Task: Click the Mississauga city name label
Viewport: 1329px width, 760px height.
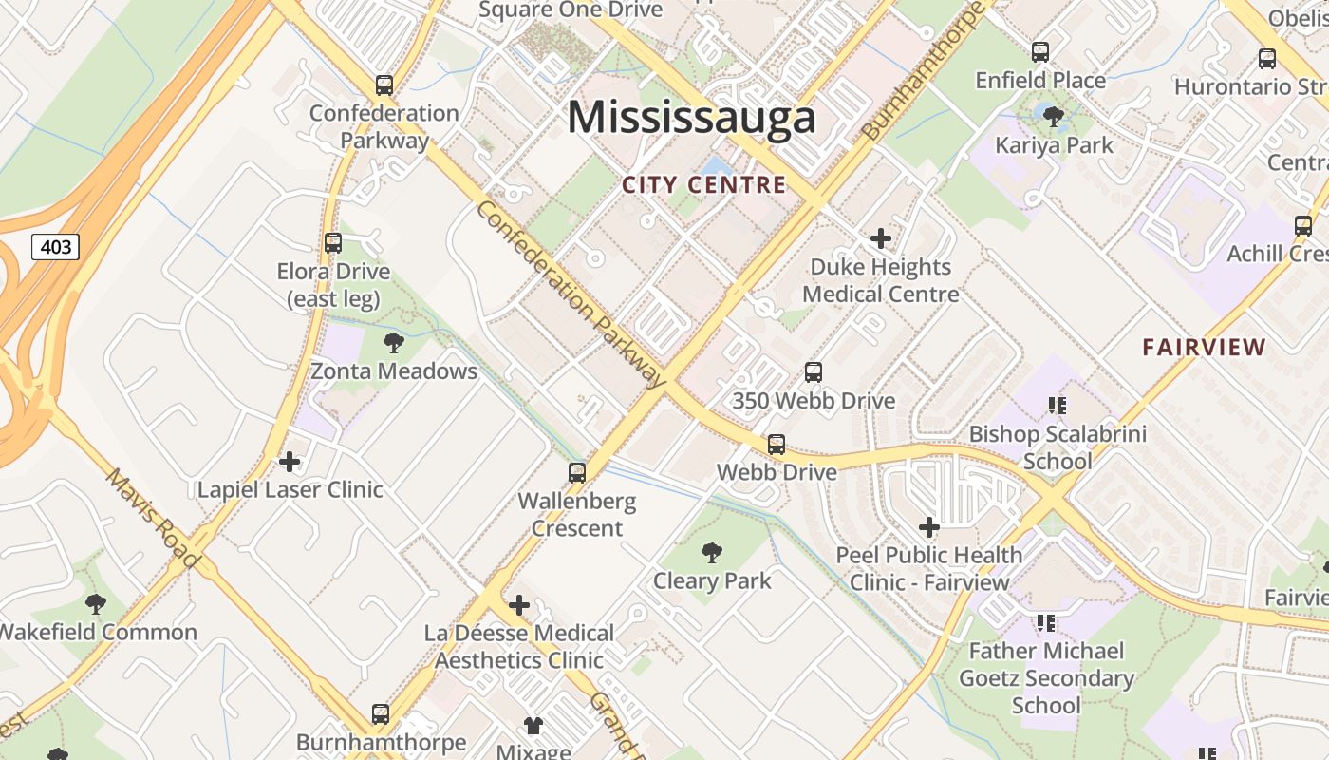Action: pyautogui.click(x=691, y=118)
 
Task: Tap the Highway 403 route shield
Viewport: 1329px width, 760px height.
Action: pyautogui.click(x=56, y=248)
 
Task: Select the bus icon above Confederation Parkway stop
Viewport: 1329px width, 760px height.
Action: pyautogui.click(x=384, y=85)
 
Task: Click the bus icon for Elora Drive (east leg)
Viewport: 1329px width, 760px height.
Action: pyautogui.click(x=333, y=243)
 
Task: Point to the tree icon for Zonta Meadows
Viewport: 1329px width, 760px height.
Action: pyautogui.click(x=393, y=343)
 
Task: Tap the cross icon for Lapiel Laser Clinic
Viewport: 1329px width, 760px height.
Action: pyautogui.click(x=290, y=463)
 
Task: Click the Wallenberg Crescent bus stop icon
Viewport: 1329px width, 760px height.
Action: pyautogui.click(x=576, y=473)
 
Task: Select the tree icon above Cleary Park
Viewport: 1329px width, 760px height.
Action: pyautogui.click(x=711, y=553)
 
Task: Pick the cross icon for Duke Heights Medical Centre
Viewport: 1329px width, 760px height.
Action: pyautogui.click(x=881, y=238)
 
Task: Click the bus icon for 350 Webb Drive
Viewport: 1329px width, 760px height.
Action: pyautogui.click(x=814, y=372)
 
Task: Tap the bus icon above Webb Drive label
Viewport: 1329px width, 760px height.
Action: pyautogui.click(x=777, y=445)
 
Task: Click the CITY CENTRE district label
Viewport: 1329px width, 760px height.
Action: pyautogui.click(x=704, y=185)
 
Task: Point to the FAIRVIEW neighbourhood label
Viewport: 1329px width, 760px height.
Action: pyautogui.click(x=1204, y=348)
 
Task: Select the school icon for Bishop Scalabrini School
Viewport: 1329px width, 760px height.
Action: pyautogui.click(x=1058, y=407)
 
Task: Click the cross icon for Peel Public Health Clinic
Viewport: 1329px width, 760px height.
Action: pyautogui.click(x=929, y=527)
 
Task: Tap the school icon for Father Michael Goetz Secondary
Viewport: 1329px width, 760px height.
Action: pyautogui.click(x=1046, y=623)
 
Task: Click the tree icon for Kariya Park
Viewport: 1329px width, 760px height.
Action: pyautogui.click(x=1053, y=117)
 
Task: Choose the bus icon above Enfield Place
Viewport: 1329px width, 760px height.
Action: pyautogui.click(x=1040, y=52)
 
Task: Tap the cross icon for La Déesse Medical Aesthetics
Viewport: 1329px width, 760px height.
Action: pyautogui.click(x=519, y=605)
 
